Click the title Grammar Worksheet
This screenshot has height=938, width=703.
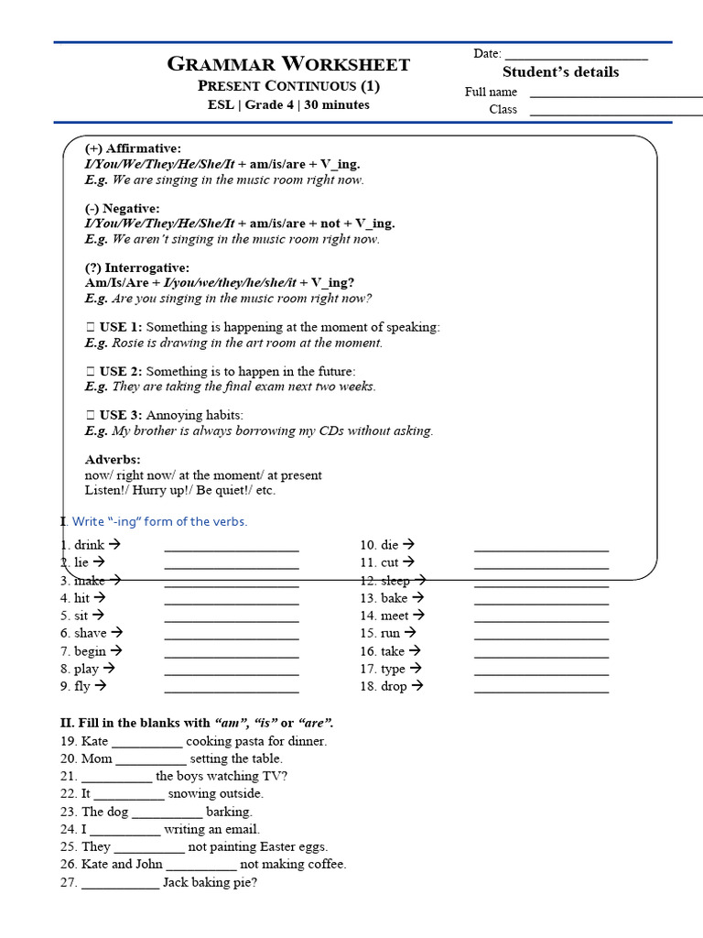click(x=288, y=64)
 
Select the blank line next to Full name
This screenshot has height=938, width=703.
click(x=615, y=94)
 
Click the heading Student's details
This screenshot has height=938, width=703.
click(x=560, y=72)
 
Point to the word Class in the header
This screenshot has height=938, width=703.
click(x=503, y=110)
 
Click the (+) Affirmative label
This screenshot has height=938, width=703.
click(x=133, y=148)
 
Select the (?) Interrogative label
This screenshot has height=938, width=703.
click(x=137, y=268)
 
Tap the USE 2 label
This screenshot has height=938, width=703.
click(x=120, y=371)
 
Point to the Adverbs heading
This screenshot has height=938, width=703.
click(x=113, y=459)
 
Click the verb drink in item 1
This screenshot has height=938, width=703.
click(x=89, y=545)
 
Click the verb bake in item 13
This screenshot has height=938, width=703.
click(x=395, y=598)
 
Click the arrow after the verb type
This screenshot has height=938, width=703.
click(x=416, y=669)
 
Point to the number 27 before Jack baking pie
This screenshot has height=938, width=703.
click(x=69, y=882)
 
